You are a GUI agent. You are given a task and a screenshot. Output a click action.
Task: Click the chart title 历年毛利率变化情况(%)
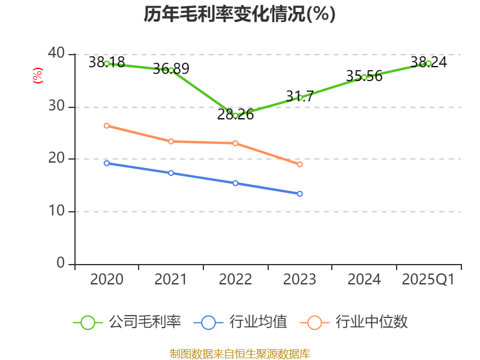tap(239, 14)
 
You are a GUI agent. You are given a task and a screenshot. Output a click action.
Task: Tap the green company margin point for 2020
tap(107, 63)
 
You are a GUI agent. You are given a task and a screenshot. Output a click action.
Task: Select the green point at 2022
tap(235, 115)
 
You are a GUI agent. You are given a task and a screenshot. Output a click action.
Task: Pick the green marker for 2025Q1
tap(428, 63)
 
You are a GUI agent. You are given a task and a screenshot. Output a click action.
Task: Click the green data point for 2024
tap(364, 77)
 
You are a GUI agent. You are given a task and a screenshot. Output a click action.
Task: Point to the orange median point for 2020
tap(107, 125)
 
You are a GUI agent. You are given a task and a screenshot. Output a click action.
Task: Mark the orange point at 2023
tap(300, 164)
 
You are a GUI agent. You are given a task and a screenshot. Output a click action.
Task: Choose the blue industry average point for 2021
tap(171, 173)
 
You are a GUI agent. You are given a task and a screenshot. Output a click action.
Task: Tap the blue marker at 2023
tap(300, 194)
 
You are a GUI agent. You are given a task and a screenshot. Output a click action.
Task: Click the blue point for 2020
tap(107, 163)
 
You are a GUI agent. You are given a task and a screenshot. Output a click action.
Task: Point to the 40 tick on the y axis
tap(57, 54)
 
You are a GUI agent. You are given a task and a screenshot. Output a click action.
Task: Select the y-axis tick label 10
tap(57, 211)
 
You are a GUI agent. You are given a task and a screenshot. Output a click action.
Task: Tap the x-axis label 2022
tap(235, 280)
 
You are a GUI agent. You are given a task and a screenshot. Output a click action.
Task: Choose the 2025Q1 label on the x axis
tap(428, 280)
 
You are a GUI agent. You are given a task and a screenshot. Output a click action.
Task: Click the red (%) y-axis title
tap(38, 76)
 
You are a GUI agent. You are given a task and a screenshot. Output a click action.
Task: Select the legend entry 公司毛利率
tap(145, 322)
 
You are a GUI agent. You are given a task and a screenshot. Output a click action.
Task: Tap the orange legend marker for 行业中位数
tap(315, 322)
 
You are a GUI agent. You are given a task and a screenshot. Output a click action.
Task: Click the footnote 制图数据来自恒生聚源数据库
tap(239, 353)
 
